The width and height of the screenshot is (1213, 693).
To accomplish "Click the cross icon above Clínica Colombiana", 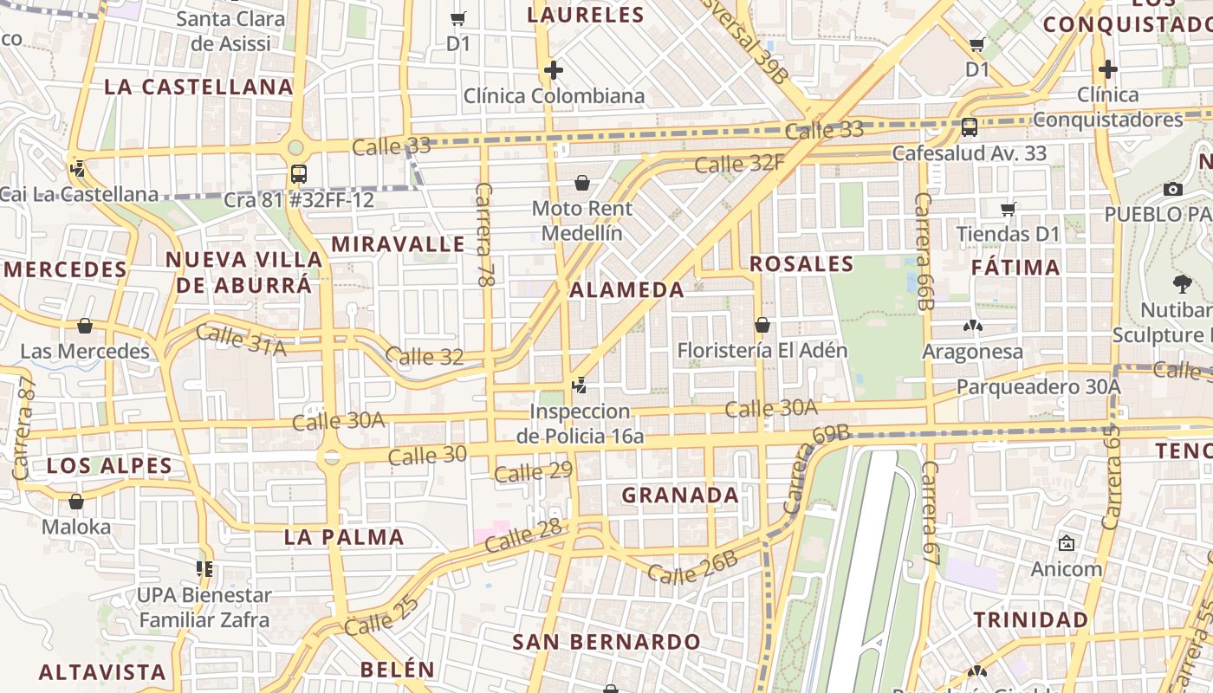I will coord(554,69).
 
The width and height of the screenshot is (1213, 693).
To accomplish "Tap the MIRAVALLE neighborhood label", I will coord(398,243).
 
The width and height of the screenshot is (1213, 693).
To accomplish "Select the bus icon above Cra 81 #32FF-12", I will coord(298,173).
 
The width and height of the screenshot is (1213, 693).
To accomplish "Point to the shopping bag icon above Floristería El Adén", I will coord(762,325).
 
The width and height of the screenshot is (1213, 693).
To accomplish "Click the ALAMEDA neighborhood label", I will coord(627,289).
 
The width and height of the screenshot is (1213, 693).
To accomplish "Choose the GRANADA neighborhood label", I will coord(680,495).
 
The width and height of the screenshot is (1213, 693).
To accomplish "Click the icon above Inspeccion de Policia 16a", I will coord(580,385).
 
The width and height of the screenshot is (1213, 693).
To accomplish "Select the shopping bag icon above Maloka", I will coord(76,502).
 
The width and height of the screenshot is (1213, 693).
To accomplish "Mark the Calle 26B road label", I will coord(692,567).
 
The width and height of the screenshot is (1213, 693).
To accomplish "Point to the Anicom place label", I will coord(1066,569).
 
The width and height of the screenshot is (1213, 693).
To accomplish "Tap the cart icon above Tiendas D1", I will coord(1008,208).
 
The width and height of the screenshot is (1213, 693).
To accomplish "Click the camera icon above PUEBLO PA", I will coord(1173,189).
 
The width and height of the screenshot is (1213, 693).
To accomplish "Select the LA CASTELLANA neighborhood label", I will coord(198,87).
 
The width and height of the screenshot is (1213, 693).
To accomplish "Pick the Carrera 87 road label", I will coord(24,428).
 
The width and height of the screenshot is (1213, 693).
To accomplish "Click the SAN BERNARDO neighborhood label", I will coord(606,642).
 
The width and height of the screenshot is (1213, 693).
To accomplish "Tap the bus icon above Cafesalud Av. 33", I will coord(969,126).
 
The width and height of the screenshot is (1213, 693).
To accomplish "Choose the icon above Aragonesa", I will coord(972,326).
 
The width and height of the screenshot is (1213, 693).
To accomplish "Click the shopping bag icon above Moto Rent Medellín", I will coord(582,183).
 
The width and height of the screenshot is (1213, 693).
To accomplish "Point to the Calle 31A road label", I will coord(241,339).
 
